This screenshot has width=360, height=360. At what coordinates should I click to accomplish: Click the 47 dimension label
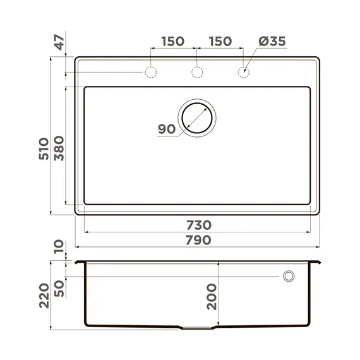59,44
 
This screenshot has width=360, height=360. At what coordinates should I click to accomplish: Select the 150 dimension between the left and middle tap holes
172,42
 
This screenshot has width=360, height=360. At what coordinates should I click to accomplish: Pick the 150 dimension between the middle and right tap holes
219,42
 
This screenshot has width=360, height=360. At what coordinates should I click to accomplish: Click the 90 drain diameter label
167,129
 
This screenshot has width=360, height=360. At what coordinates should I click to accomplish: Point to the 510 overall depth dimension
43,149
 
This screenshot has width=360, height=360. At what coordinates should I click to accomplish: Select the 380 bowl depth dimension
59,149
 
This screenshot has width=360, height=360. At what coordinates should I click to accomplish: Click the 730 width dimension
198,225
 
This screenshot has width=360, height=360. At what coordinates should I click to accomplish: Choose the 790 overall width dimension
198,241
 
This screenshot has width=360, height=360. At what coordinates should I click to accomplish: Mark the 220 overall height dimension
43,294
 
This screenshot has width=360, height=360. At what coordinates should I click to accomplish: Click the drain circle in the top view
198,117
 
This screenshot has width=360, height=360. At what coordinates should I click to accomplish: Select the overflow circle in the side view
289,277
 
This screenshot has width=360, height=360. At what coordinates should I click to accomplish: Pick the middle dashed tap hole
197,73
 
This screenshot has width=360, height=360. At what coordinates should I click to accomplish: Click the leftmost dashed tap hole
150,73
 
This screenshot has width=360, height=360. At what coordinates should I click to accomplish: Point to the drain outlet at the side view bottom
198,328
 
